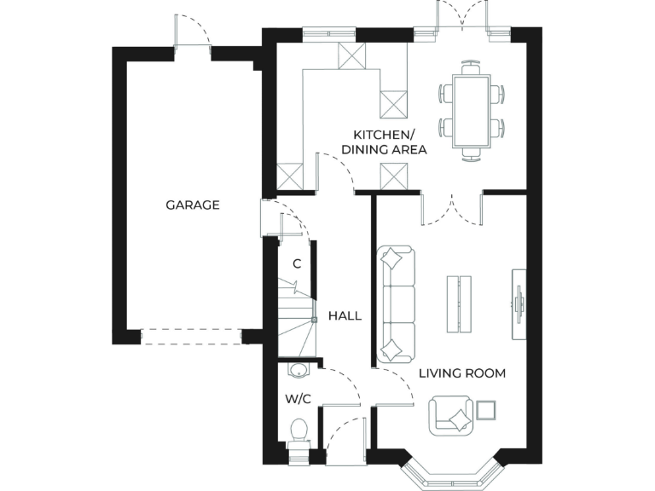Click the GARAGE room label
click(192, 205)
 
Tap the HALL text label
click(345, 315)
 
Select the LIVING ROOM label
click(461, 373)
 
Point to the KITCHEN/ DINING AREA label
click(384, 142)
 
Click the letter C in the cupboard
click(297, 264)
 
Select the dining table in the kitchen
click(472, 109)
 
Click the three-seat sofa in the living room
click(395, 303)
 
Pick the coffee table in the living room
click(459, 304)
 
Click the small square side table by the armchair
click(487, 410)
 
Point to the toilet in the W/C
click(299, 431)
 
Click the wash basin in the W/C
click(298, 370)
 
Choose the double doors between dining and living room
click(451, 209)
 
